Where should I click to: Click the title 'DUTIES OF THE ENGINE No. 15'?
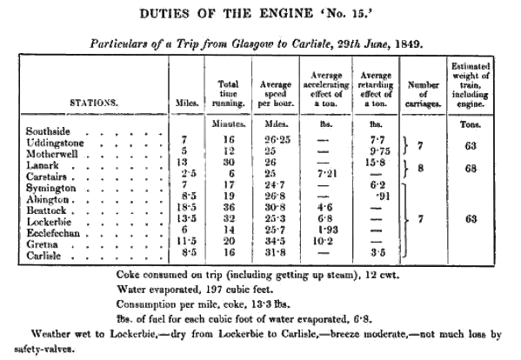(261, 16)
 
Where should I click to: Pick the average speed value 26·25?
(276, 139)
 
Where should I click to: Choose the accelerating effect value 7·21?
(324, 173)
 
